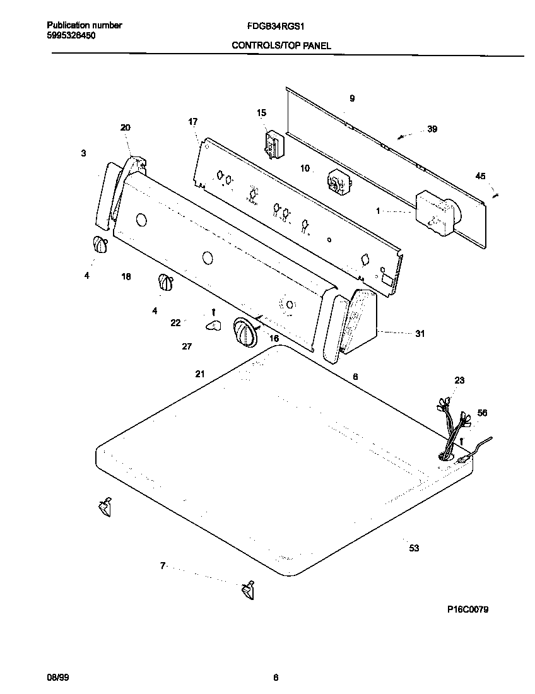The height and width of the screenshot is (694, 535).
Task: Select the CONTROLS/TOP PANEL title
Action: [281, 45]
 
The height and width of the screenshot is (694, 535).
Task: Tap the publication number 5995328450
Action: [71, 35]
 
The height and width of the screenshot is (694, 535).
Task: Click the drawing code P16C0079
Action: [468, 609]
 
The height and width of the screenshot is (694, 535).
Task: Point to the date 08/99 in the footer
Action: [57, 677]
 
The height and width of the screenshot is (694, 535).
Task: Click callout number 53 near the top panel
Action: [414, 548]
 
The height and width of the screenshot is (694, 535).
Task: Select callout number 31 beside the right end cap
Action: [420, 334]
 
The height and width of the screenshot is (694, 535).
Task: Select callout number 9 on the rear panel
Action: [352, 98]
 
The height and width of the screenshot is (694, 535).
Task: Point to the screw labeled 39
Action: [401, 136]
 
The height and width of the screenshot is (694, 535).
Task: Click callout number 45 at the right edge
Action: [481, 177]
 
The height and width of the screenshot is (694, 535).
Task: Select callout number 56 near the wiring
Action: [482, 413]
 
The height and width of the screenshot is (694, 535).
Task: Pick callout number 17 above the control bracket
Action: [193, 121]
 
